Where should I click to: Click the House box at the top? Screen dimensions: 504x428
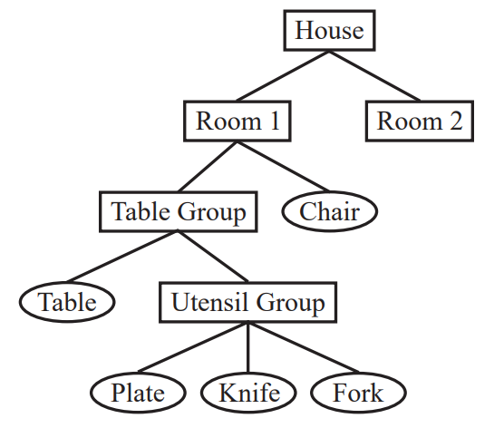point(329,30)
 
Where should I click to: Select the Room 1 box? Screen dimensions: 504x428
point(237,122)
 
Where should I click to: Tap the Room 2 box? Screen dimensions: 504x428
point(420,122)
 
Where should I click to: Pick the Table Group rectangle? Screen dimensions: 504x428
point(179,211)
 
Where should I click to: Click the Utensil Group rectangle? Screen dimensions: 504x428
point(248,302)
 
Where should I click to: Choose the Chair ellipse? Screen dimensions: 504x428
point(330,211)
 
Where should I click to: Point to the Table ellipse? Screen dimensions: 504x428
point(67,302)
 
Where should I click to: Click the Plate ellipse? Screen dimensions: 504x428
point(138,393)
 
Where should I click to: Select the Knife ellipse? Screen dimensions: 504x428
point(248,393)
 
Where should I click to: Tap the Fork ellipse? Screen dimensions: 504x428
point(358,393)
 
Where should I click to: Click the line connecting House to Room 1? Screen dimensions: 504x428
point(283,75)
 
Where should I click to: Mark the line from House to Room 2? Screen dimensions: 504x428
point(374,75)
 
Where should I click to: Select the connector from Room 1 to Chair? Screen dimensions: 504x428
point(284,167)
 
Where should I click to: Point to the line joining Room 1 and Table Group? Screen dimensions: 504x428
point(208,167)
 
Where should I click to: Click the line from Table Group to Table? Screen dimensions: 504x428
point(122,257)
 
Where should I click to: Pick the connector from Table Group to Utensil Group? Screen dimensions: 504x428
point(213,257)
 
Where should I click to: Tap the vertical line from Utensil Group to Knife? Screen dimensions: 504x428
point(248,347)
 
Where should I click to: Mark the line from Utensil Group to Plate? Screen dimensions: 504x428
point(193,347)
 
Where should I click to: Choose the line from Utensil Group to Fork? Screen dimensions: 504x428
point(304,347)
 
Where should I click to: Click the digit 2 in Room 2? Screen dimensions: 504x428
point(456,122)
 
